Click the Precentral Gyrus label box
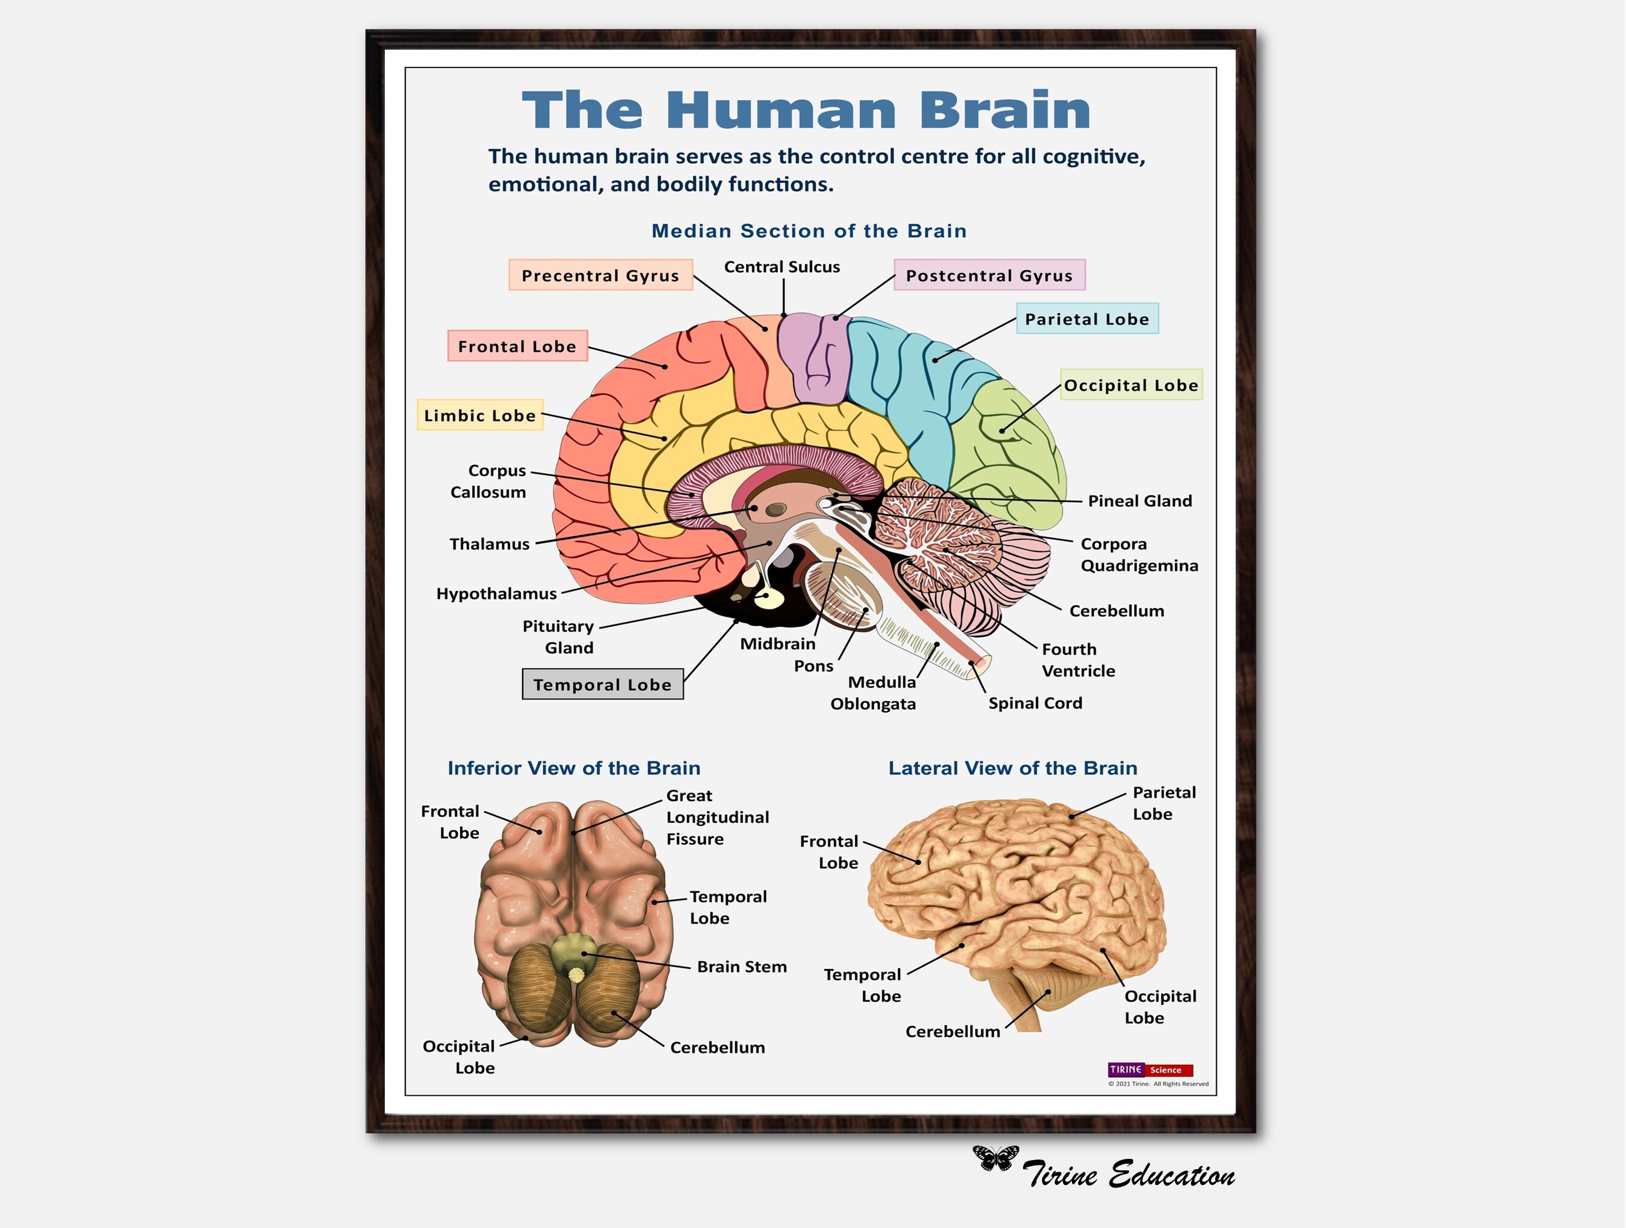coord(601,275)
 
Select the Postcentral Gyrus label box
coord(990,275)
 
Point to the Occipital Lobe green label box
coord(1131,384)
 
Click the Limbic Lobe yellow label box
coord(480,415)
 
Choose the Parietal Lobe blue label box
coord(1087,319)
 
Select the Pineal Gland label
coord(1139,501)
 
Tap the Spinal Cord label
coord(1035,703)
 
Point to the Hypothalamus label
coord(496,594)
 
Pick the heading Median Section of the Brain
coord(808,231)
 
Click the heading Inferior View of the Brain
coord(573,768)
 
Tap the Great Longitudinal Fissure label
coord(717,817)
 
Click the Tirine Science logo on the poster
coord(1150,1070)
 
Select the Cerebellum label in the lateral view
coord(953,1032)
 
